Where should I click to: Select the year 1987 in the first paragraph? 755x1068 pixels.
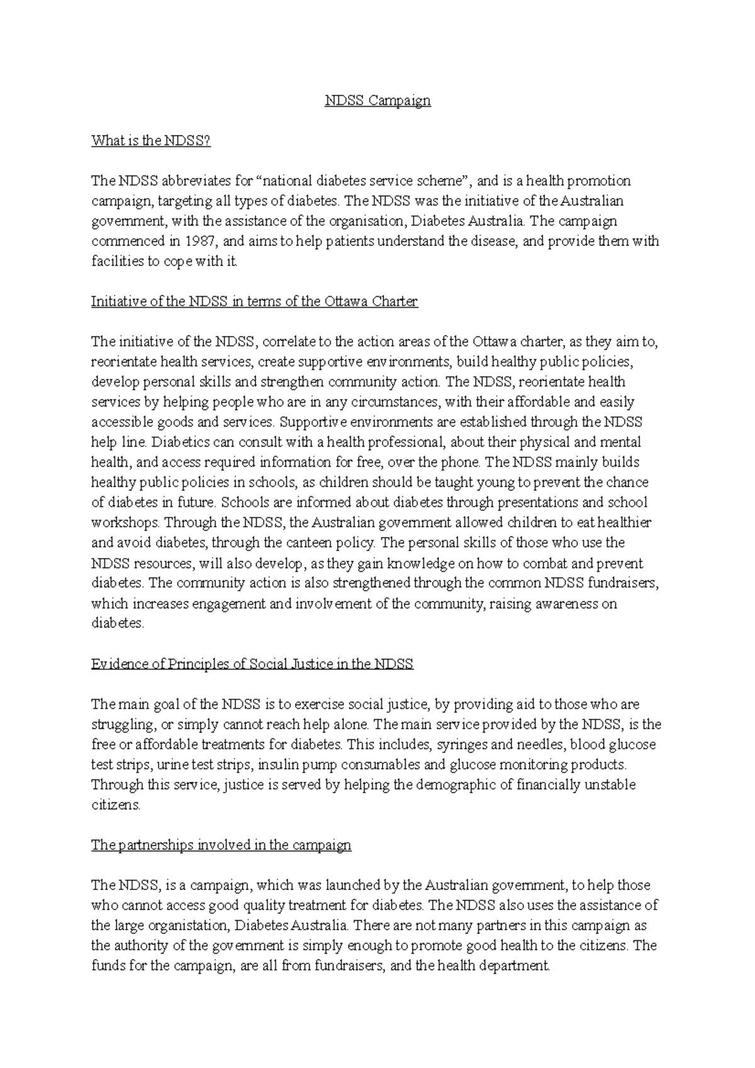(200, 241)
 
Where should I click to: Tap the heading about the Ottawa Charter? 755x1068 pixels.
(254, 301)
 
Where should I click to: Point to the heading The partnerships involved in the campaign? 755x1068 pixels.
(221, 845)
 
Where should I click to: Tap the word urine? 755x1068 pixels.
(172, 765)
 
